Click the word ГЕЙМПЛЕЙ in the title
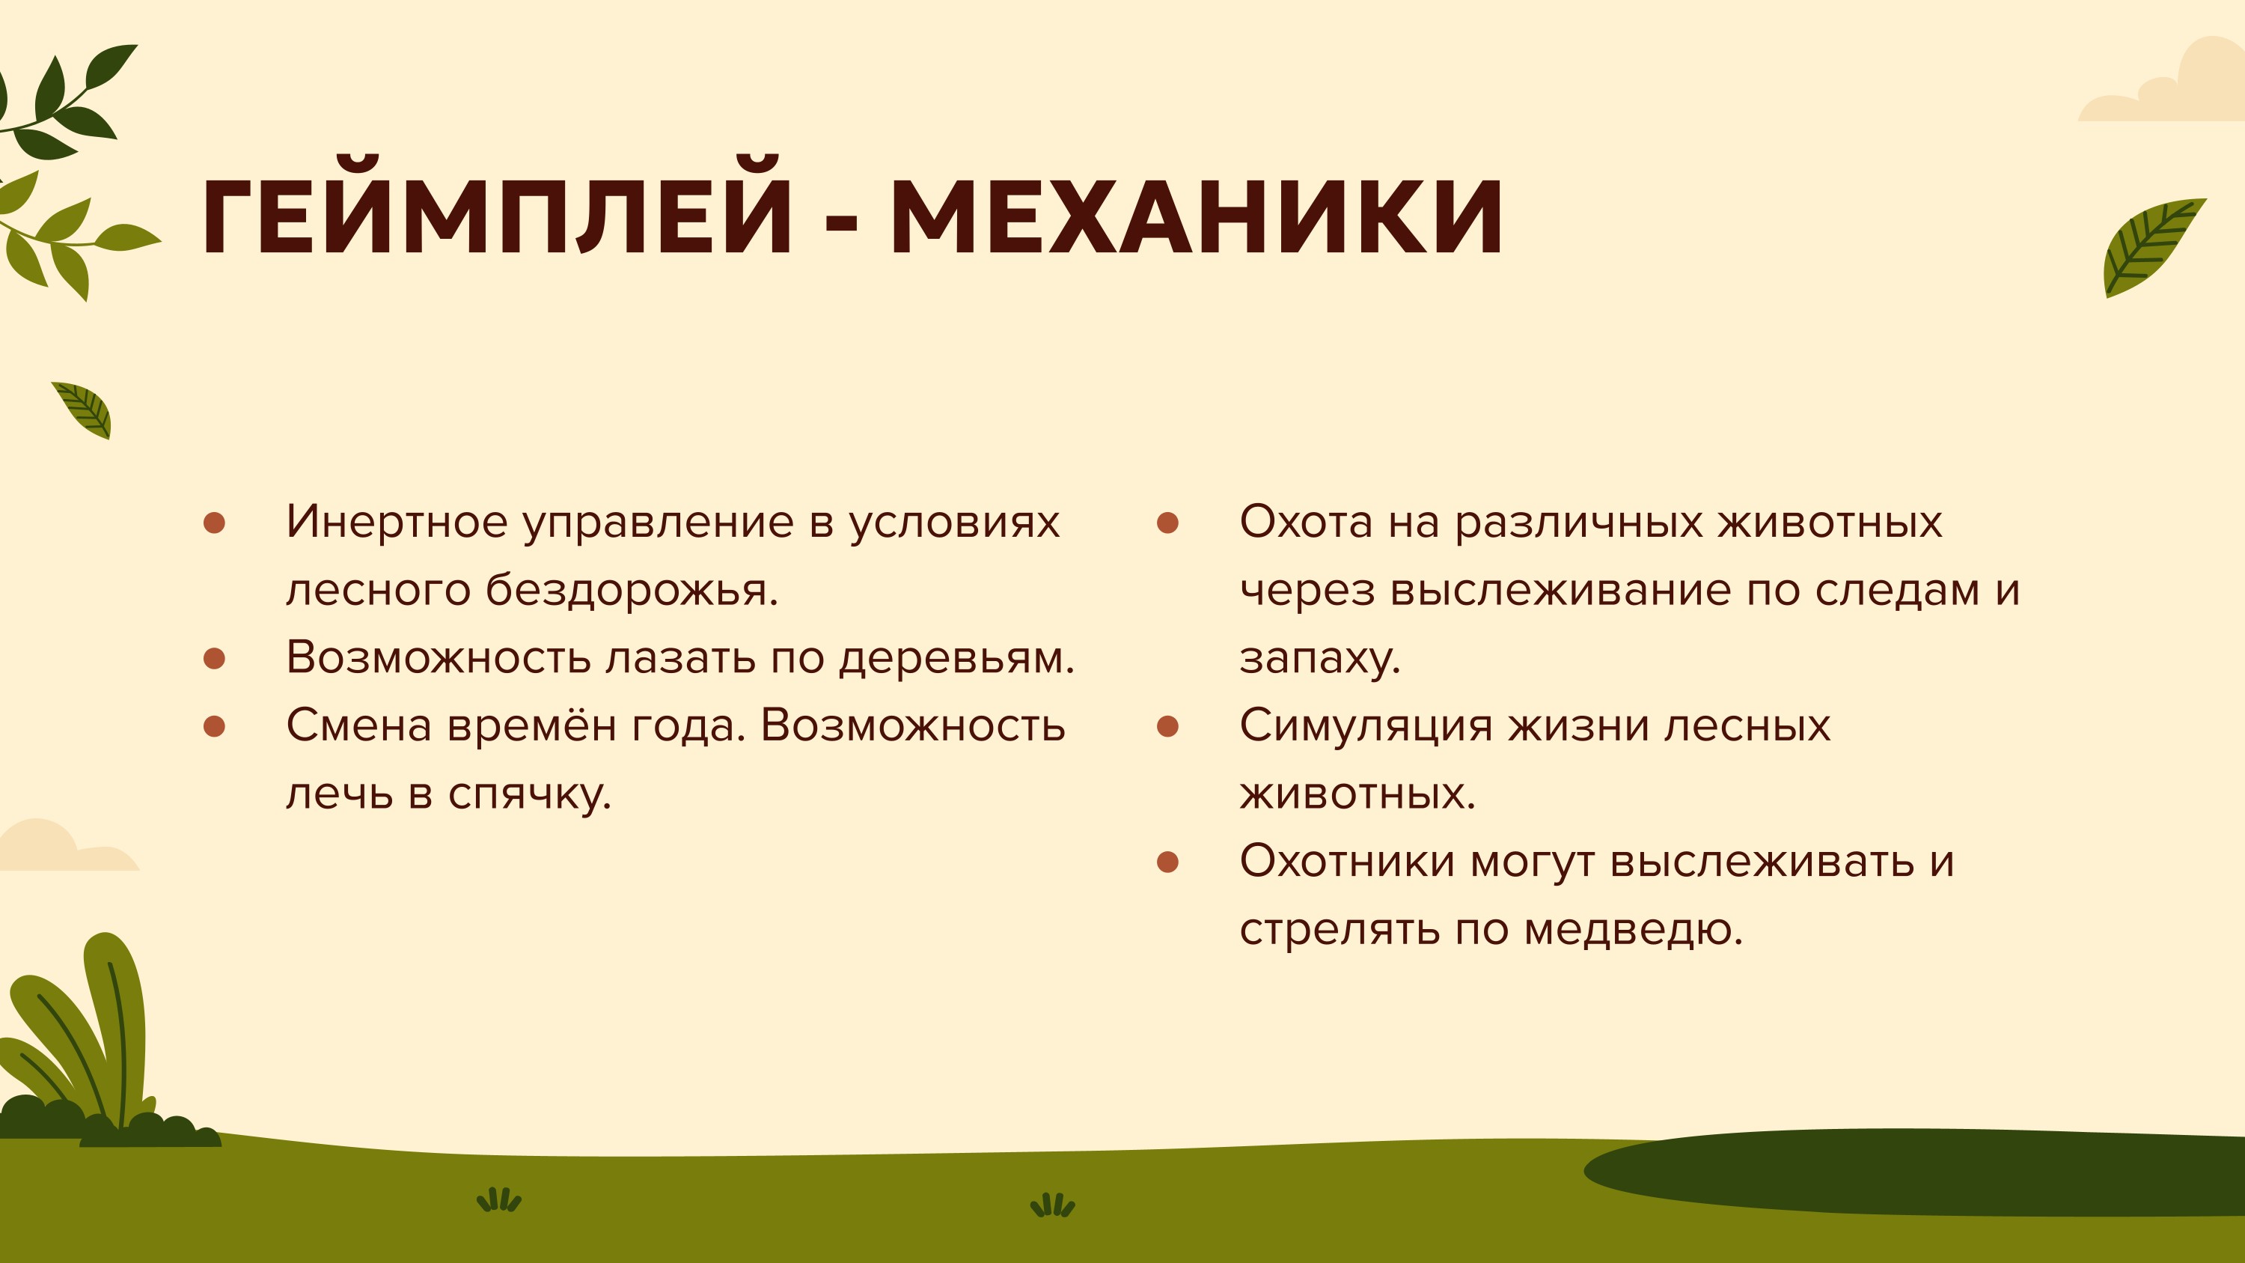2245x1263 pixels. (497, 209)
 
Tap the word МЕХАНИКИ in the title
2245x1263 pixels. (1197, 217)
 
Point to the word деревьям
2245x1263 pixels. (956, 658)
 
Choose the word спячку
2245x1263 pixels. (530, 795)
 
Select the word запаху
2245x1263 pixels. (1319, 660)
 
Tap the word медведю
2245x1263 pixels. (1633, 929)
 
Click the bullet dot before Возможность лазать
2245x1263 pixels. (214, 658)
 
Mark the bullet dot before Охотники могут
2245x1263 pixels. (1168, 862)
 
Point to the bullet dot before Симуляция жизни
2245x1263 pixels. (1168, 726)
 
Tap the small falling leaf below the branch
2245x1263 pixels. (84, 410)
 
